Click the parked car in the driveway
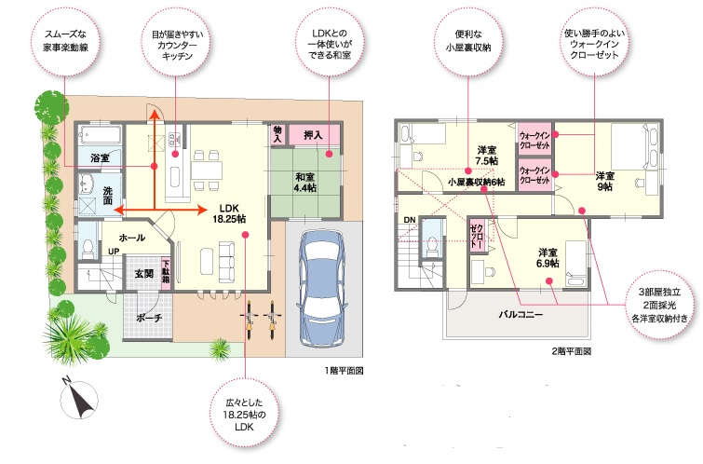click(322, 287)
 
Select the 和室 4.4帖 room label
click(304, 183)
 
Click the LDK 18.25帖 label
click(229, 213)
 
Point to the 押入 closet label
click(313, 134)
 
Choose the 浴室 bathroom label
click(100, 157)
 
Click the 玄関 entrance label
click(144, 273)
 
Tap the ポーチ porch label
click(149, 318)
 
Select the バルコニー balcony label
click(520, 314)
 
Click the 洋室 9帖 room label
click(605, 182)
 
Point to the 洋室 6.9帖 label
click(548, 258)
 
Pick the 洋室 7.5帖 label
click(486, 156)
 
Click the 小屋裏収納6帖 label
click(476, 182)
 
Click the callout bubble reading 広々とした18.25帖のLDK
click(245, 414)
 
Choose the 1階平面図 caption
click(344, 371)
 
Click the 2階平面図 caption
click(571, 351)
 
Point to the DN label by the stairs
click(410, 220)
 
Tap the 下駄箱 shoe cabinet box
click(167, 272)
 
